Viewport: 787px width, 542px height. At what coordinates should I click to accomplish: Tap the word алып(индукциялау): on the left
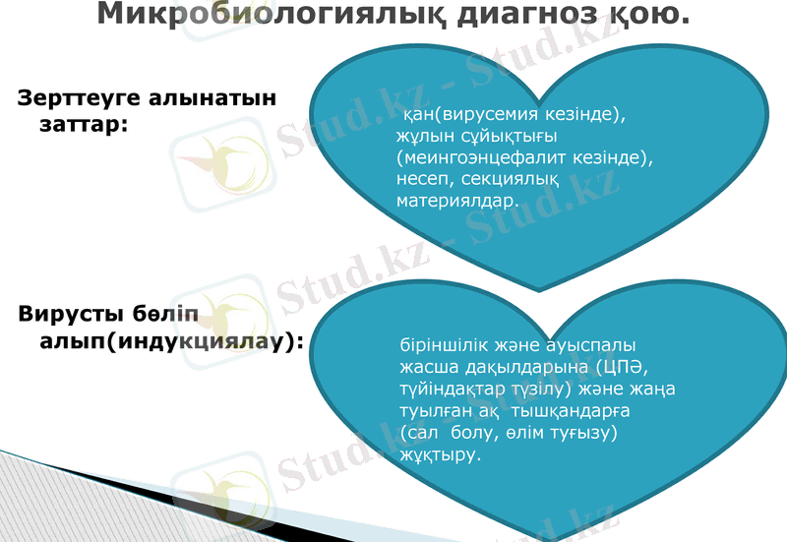coord(168,341)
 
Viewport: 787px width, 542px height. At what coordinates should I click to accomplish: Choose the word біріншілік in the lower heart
coord(442,346)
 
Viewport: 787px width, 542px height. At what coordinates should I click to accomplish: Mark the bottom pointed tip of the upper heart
coord(538,290)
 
